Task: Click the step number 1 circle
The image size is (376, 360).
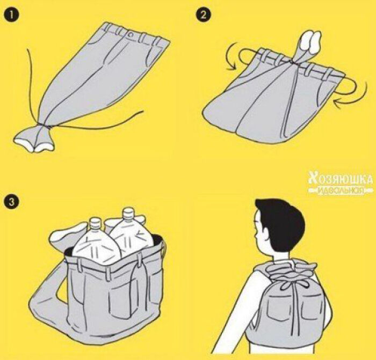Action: [x=10, y=14]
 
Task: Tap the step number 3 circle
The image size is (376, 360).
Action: [x=10, y=202]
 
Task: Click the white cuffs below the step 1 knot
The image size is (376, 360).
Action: [x=34, y=138]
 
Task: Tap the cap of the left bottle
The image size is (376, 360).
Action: [x=95, y=221]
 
